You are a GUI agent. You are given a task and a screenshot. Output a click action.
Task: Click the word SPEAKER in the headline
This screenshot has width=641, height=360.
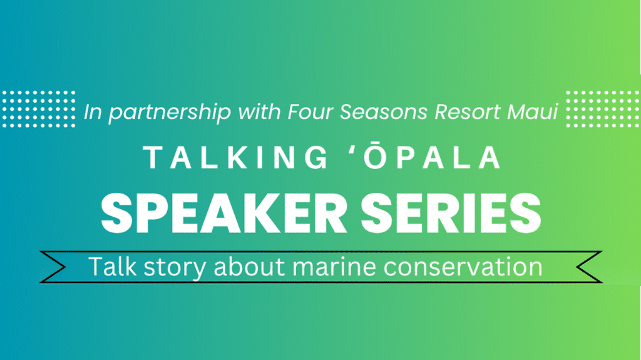[225, 213]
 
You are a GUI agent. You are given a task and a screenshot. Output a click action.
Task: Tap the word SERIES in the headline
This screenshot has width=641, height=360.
[451, 213]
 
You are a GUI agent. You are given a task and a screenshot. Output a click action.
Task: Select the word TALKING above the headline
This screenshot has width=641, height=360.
[236, 158]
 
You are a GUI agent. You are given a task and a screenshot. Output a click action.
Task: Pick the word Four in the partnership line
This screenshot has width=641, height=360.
[310, 111]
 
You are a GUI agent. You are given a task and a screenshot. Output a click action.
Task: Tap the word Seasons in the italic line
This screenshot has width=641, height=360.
[384, 111]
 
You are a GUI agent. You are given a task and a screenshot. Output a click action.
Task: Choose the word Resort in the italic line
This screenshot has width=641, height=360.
[467, 111]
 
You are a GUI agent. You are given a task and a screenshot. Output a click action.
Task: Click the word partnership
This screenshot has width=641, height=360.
[170, 113]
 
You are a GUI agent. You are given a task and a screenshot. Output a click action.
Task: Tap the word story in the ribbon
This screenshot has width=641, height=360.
[175, 268]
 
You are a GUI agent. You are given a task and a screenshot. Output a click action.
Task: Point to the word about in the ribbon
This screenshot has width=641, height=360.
[249, 267]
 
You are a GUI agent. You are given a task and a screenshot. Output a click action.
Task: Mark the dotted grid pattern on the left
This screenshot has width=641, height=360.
[39, 109]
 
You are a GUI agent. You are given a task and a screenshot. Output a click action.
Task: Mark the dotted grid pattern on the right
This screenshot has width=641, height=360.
[603, 109]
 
